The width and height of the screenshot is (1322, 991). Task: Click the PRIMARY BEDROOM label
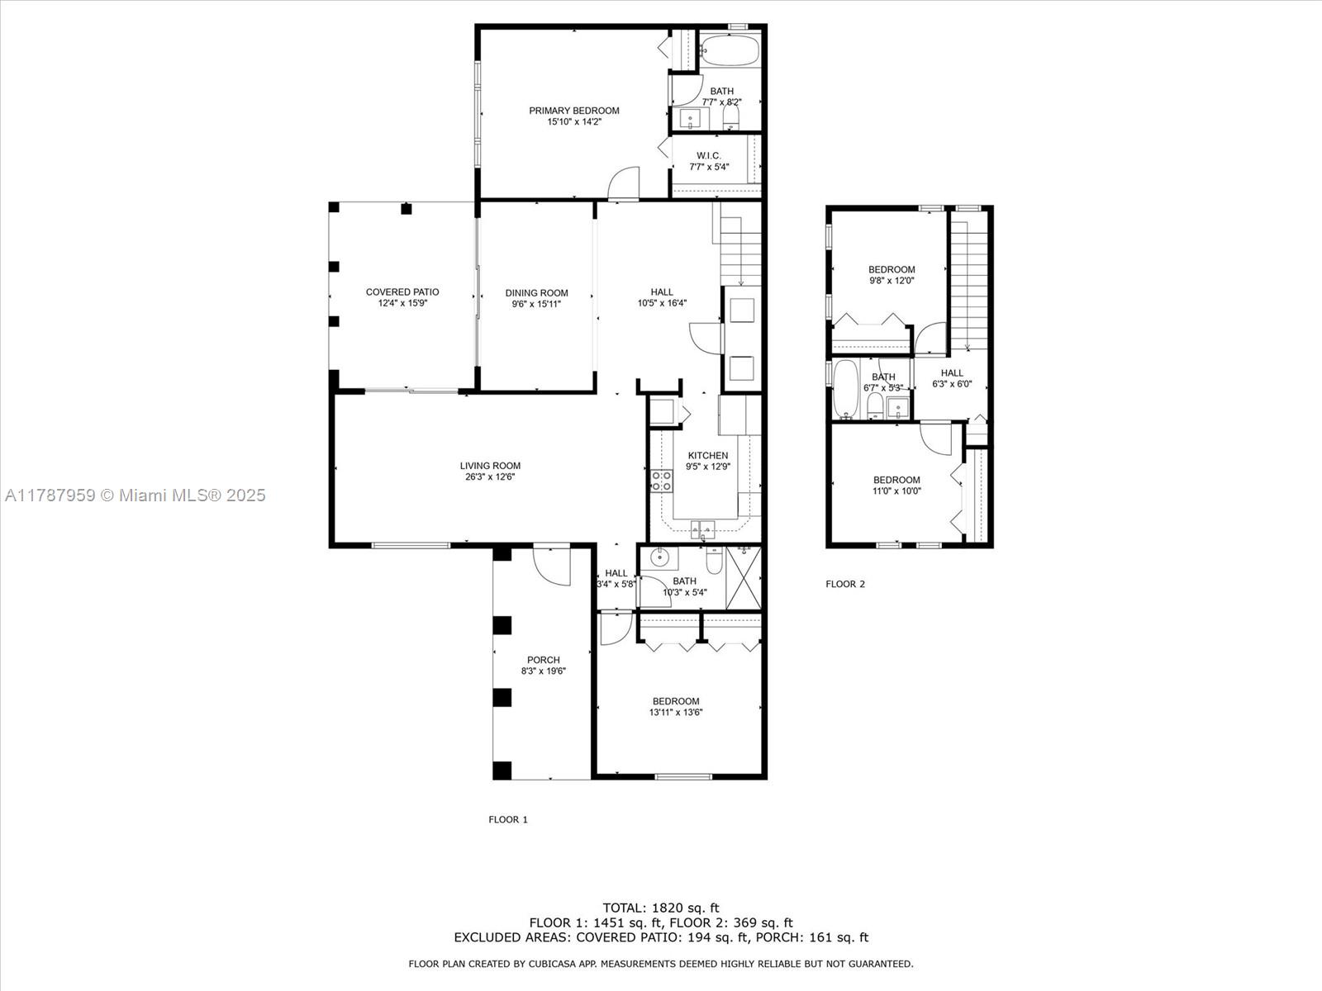click(x=573, y=111)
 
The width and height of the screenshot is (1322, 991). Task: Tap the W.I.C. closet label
click(x=709, y=156)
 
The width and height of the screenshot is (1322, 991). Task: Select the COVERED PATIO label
click(x=402, y=292)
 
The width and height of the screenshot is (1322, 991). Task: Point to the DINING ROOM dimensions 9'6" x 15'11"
click(x=536, y=304)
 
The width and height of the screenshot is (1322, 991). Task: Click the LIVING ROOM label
click(x=490, y=466)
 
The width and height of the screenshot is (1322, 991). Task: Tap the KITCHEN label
click(x=708, y=456)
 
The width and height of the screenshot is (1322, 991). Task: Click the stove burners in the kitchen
click(x=661, y=481)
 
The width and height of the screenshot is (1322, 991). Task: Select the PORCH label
click(x=543, y=660)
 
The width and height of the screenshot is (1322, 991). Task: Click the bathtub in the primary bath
click(x=729, y=50)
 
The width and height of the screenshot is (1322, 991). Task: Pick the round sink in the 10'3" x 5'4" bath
click(x=659, y=557)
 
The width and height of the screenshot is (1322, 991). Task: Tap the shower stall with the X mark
click(x=744, y=576)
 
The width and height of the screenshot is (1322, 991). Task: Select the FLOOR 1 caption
click(x=507, y=820)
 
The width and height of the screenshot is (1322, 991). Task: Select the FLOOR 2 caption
click(x=845, y=585)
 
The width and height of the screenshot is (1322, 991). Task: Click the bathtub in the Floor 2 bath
click(x=845, y=388)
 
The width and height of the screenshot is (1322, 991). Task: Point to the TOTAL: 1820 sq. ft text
click(x=661, y=908)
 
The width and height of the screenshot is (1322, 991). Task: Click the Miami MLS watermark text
click(x=136, y=495)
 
